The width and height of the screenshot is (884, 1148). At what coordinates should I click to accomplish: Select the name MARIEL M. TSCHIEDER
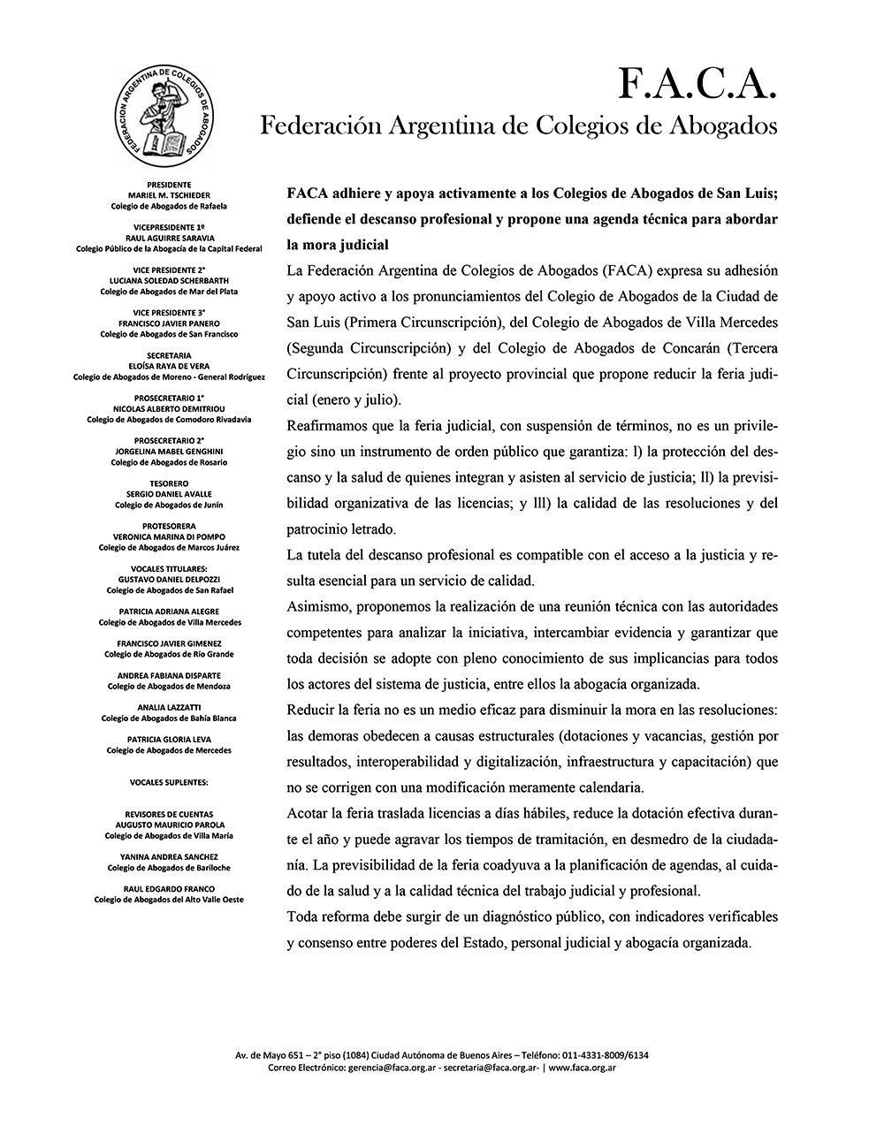tap(169, 195)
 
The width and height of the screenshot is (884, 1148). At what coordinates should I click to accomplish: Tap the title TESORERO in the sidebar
tap(169, 483)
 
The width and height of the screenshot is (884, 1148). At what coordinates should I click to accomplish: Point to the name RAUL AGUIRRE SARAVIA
tap(169, 239)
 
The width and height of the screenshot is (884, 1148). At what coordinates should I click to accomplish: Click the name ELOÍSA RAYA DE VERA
tap(169, 366)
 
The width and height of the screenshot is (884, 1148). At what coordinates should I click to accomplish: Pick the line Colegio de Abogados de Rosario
tap(169, 462)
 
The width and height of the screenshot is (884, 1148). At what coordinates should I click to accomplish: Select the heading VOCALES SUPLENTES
tap(169, 782)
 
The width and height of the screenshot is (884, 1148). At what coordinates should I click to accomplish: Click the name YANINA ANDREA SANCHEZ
tap(169, 856)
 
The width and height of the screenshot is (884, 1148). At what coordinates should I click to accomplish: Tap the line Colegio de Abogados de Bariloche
tap(169, 868)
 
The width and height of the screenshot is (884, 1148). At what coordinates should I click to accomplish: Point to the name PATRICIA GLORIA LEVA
tap(169, 739)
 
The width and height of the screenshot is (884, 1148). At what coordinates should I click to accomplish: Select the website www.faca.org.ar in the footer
tap(582, 1068)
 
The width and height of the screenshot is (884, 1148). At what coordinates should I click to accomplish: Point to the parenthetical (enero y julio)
tap(344, 398)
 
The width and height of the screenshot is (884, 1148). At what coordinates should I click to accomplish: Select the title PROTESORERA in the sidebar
tap(169, 526)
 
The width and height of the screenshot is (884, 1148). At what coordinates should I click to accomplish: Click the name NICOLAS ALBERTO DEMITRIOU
tap(169, 408)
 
